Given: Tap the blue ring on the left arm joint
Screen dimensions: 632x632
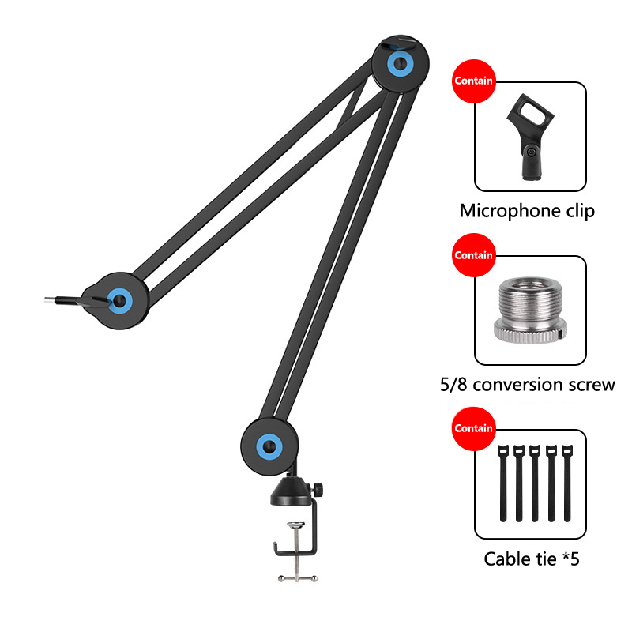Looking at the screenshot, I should pyautogui.click(x=119, y=299).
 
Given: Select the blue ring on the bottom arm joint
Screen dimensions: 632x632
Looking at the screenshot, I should pyautogui.click(x=270, y=446).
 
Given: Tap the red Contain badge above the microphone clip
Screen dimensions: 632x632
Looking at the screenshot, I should pyautogui.click(x=472, y=81).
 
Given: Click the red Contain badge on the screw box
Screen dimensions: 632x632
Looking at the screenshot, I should pyautogui.click(x=472, y=255).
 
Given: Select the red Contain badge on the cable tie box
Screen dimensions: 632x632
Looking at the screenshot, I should pyautogui.click(x=472, y=428).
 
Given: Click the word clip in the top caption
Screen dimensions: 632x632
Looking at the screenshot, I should pyautogui.click(x=578, y=211).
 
